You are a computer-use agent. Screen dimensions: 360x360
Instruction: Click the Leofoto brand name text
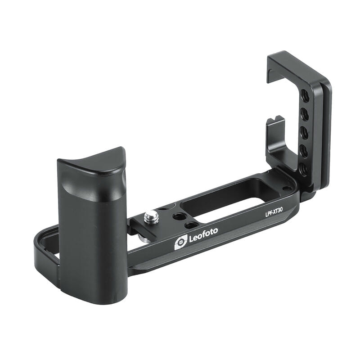pyautogui.click(x=203, y=235)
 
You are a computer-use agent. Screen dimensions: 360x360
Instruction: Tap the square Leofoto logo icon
pyautogui.click(x=181, y=243)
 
